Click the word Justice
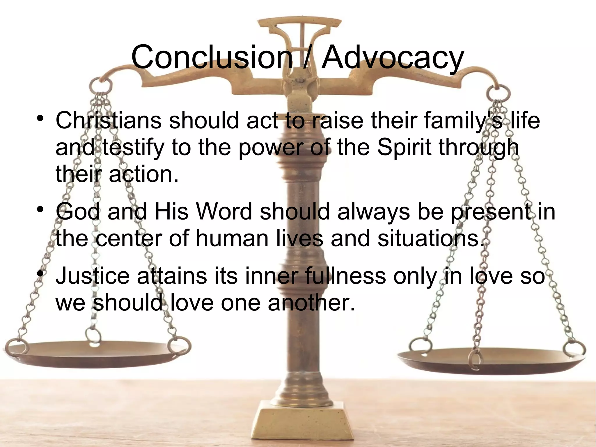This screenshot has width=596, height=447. pos(93,276)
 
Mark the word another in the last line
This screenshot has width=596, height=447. pos(311,303)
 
